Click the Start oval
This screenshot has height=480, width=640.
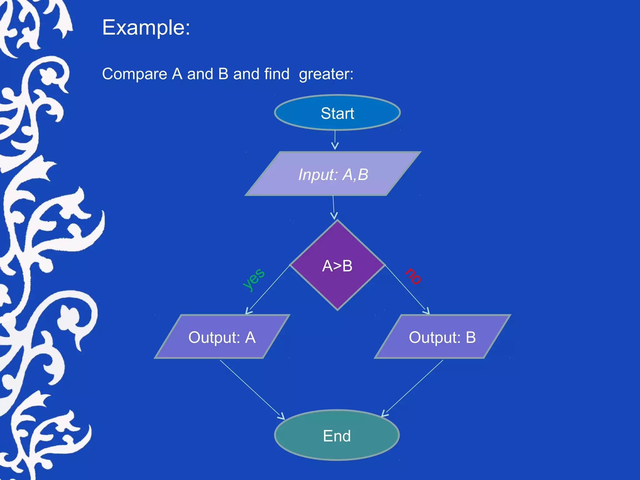pos(337,112)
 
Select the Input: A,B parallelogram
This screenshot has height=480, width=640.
pos(333,174)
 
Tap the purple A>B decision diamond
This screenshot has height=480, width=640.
pos(337,266)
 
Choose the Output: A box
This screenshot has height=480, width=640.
pos(222,337)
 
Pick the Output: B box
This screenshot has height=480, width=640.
pos(442,337)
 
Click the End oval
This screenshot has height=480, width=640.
pos(337,435)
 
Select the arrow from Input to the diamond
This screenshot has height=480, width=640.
pos(333,207)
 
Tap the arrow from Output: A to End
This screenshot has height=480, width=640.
pos(252,389)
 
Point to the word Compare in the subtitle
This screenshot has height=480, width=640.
pos(135,74)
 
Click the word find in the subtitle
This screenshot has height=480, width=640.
pos(277,74)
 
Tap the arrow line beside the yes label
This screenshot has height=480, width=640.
pos(268,289)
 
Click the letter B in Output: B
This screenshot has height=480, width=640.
pos(471,337)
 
